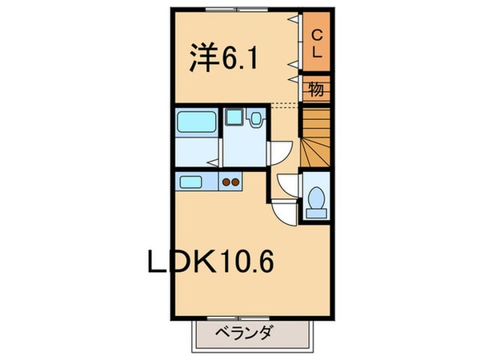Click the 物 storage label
pyautogui.click(x=317, y=89)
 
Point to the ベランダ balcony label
pyautogui.click(x=243, y=333)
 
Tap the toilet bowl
pyautogui.click(x=315, y=199)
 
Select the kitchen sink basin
pyautogui.click(x=191, y=181)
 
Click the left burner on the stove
pyautogui.click(x=226, y=182)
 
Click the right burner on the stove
pyautogui.click(x=236, y=182)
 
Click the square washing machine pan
pyautogui.click(x=233, y=118)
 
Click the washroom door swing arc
pyautogui.click(x=280, y=152)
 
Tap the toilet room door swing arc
pyautogui.click(x=287, y=183)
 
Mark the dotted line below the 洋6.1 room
pyautogui.click(x=284, y=106)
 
